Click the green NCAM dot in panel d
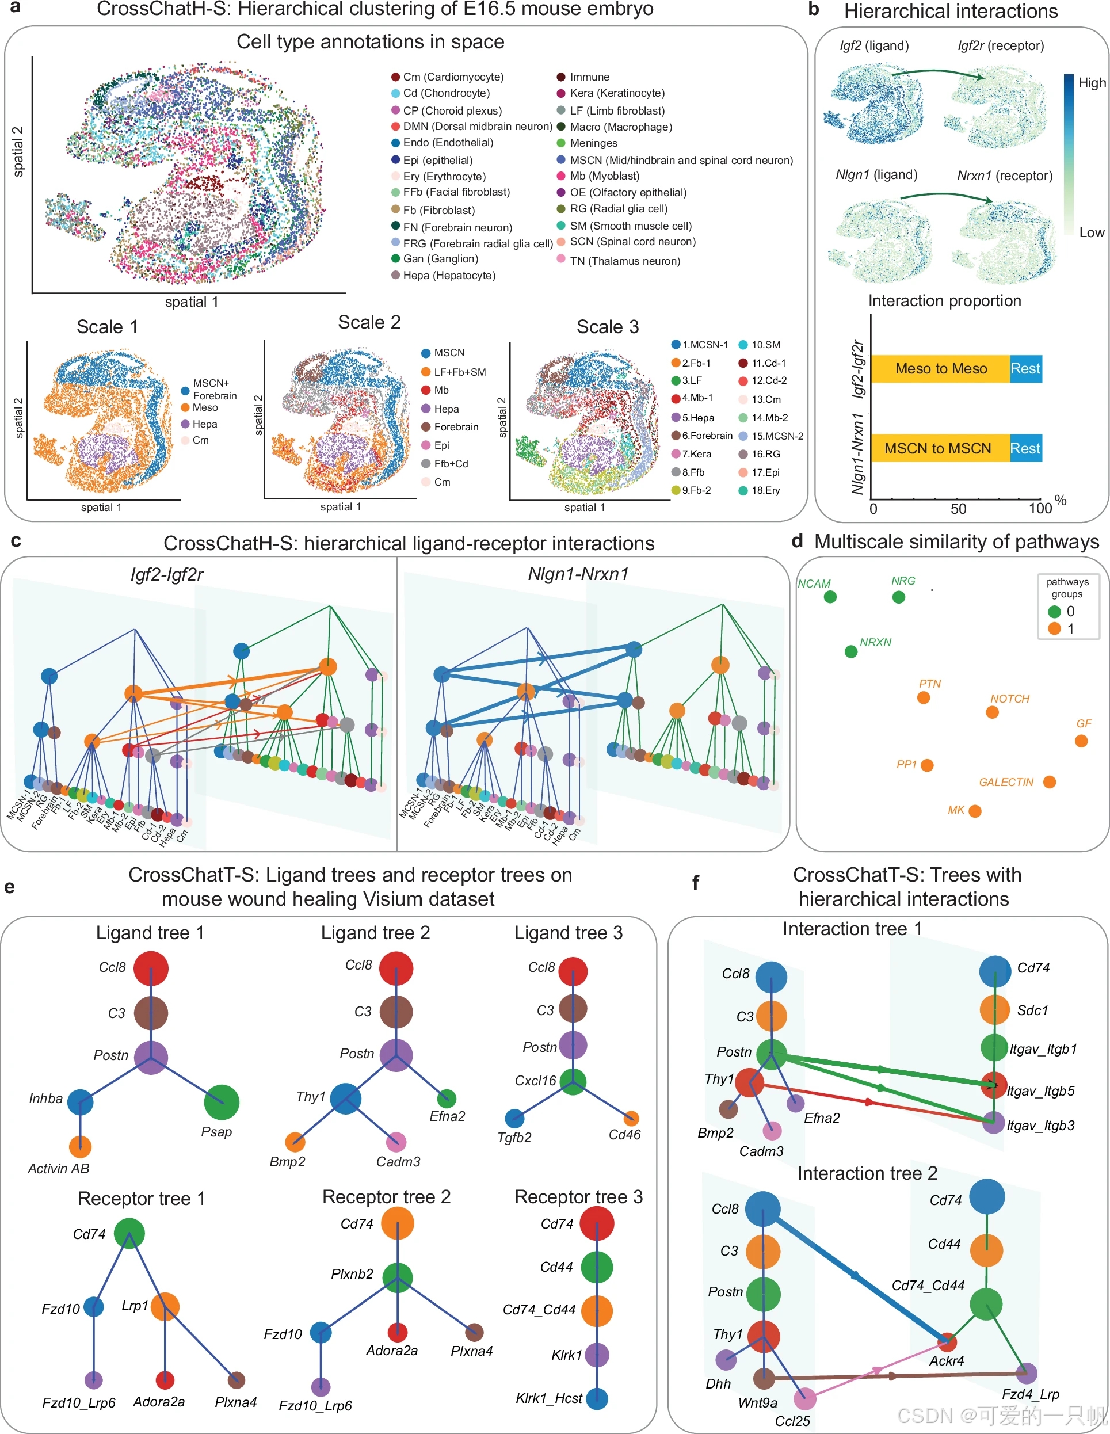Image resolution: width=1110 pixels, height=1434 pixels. tap(830, 597)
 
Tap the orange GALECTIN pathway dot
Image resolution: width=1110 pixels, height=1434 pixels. tap(1049, 782)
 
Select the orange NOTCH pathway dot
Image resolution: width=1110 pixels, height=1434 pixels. tap(992, 712)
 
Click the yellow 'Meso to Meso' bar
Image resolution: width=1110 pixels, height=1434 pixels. tap(940, 369)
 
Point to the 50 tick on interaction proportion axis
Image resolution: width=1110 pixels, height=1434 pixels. tap(958, 509)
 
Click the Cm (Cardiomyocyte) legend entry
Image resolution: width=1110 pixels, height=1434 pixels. tap(447, 77)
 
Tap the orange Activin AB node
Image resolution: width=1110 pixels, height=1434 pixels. tap(80, 1147)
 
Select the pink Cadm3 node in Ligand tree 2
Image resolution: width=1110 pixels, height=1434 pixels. tap(396, 1142)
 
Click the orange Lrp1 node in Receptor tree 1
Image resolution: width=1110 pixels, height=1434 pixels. tap(165, 1307)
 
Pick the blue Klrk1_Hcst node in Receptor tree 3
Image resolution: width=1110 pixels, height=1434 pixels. tap(597, 1398)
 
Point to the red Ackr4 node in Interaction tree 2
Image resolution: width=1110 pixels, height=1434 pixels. tap(947, 1342)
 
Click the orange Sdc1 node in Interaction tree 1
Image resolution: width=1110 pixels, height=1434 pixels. tap(994, 1010)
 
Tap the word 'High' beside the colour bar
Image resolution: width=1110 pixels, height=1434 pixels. tap(1092, 83)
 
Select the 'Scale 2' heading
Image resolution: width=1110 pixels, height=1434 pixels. tap(369, 322)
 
